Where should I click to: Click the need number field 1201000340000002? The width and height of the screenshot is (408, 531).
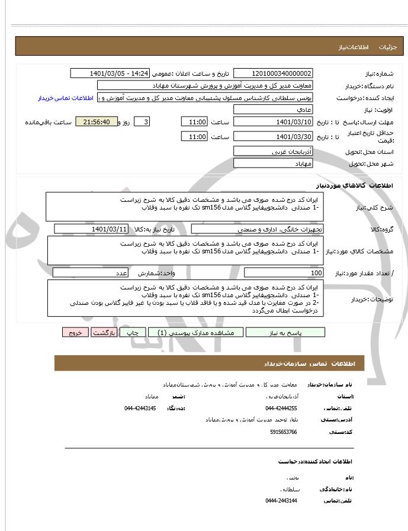pos(273,73)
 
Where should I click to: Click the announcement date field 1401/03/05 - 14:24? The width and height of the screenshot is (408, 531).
pos(110,73)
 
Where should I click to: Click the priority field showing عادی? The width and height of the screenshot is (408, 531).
pos(273,110)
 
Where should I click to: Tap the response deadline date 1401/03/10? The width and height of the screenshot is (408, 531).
pos(273,122)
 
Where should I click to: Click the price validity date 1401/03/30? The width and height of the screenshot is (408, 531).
pos(273,137)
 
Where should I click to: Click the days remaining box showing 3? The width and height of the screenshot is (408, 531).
pos(142,122)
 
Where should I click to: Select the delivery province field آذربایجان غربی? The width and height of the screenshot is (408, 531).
pos(273,152)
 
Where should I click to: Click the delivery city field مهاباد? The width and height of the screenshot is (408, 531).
pos(273,163)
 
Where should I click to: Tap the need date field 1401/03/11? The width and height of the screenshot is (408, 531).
pos(91,229)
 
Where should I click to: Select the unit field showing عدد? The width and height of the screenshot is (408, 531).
pos(90,273)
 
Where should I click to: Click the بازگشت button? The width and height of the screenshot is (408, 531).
pos(104,333)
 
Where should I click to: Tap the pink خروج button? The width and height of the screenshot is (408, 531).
pos(75,333)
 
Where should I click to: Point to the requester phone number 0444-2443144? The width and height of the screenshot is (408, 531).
pos(281,501)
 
